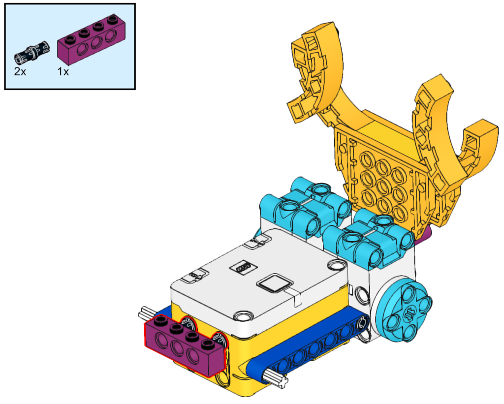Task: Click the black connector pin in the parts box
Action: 32,52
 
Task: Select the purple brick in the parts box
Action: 91,38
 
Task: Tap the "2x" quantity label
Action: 20,71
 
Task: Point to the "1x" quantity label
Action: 63,71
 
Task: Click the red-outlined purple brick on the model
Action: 185,346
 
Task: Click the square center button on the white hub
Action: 275,283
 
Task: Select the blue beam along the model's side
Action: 309,344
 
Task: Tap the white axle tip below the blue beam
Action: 276,377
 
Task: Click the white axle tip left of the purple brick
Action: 147,313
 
